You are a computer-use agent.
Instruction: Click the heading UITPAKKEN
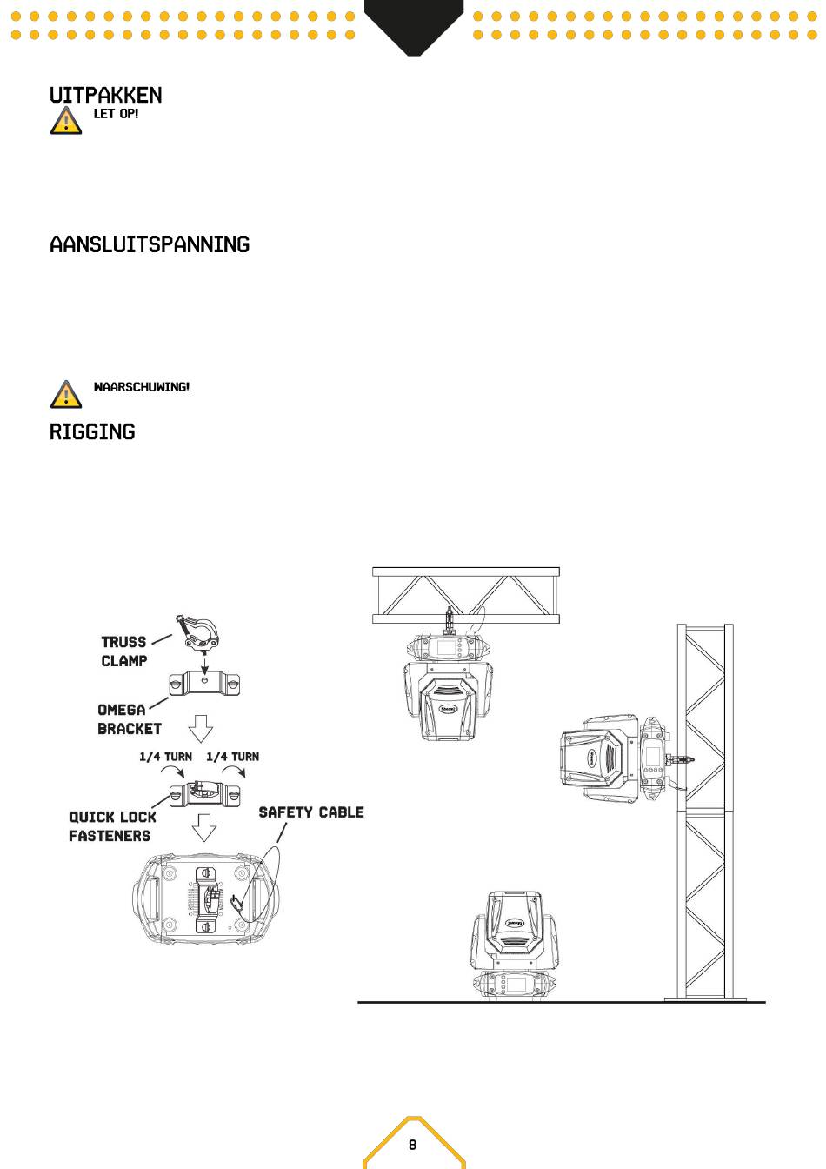point(105,95)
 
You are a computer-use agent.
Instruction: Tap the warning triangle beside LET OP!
point(66,121)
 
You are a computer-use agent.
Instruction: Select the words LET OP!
point(116,114)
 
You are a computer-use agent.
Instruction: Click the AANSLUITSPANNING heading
point(150,244)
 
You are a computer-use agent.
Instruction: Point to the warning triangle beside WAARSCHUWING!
point(66,394)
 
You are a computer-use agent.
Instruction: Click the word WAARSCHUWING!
point(142,387)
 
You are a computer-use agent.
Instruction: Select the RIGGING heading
point(92,432)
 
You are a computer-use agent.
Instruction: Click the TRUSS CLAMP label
point(123,651)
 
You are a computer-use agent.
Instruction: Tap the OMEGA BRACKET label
point(129,719)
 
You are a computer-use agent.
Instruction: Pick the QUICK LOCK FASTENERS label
point(112,826)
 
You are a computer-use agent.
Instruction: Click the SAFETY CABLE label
point(311,812)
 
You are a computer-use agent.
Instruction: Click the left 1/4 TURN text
point(165,757)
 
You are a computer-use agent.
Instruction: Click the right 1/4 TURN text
point(233,757)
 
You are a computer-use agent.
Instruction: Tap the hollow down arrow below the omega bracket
point(201,729)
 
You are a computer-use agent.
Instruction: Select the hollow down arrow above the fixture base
point(203,827)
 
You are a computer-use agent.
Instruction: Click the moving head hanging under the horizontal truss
point(448,687)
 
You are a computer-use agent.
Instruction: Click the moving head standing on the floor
point(514,944)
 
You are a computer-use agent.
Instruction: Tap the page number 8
point(413,1145)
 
